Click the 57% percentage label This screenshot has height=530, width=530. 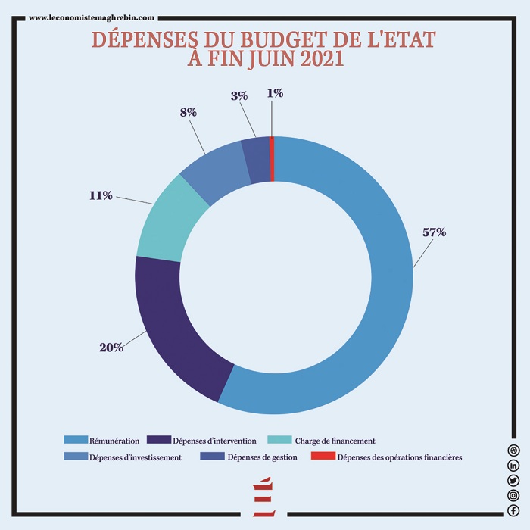tap(434, 232)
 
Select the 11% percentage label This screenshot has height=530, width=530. tap(101, 195)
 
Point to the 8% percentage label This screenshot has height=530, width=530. tap(189, 112)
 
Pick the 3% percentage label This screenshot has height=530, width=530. tap(238, 96)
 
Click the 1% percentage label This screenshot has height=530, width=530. tap(275, 93)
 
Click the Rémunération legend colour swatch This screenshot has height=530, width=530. tap(76, 440)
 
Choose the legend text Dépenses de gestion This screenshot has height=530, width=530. tap(262, 457)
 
